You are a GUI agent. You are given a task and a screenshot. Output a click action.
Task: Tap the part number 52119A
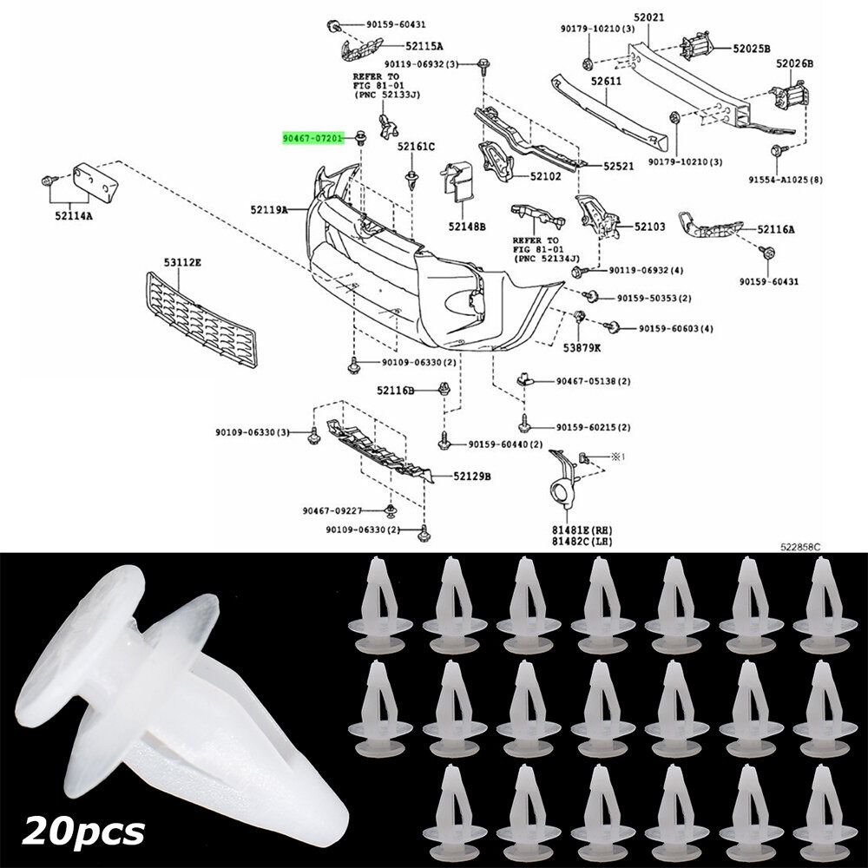tap(271, 209)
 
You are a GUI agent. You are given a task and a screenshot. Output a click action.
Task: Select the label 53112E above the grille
tap(184, 261)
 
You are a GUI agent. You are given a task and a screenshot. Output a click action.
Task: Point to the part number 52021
tap(649, 16)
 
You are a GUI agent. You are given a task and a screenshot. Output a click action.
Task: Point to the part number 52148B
tap(467, 227)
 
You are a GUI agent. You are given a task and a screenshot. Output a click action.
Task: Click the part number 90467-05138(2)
tap(593, 381)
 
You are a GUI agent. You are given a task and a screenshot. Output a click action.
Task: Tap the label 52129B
tap(471, 477)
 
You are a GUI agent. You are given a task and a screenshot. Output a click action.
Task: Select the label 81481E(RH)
tap(571, 529)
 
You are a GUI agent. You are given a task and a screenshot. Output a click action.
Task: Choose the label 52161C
tap(416, 147)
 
